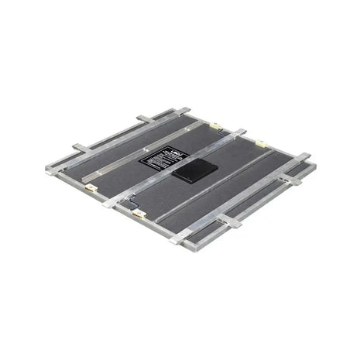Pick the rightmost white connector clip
(x=261, y=143)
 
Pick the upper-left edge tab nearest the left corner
(x=81, y=147)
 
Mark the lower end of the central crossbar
(x=109, y=204)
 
